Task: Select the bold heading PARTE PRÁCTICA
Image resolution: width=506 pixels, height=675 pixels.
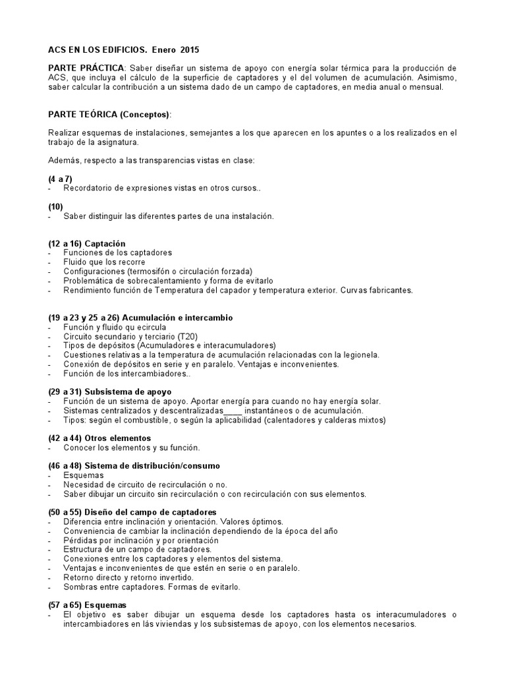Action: [x=86, y=69]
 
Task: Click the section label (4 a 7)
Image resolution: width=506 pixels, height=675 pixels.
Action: [x=60, y=179]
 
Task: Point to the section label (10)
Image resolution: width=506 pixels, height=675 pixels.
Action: [x=55, y=207]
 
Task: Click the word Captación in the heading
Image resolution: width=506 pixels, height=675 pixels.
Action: [x=105, y=244]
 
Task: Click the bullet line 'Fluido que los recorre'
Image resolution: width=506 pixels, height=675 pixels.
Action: [x=104, y=262]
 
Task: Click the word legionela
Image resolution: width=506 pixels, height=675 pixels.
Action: [x=359, y=355]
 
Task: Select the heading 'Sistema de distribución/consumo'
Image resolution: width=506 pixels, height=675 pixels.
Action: [x=152, y=466]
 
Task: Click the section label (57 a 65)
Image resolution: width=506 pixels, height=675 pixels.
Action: [x=64, y=604]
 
